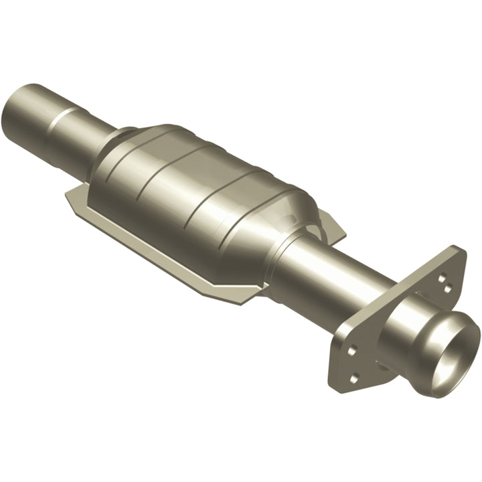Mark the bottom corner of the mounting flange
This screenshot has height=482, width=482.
[335, 388]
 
